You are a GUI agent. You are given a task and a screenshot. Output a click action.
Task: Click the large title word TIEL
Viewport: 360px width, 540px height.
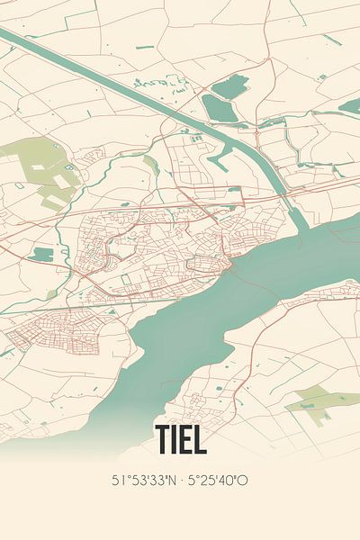180,438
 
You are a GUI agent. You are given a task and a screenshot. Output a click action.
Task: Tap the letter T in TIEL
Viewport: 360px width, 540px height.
163,438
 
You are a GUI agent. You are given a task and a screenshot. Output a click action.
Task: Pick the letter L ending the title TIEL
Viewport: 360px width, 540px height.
200,438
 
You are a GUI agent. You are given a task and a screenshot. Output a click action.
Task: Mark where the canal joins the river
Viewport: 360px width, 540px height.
297,216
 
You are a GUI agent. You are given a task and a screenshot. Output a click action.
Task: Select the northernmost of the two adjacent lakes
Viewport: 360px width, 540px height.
231,86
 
